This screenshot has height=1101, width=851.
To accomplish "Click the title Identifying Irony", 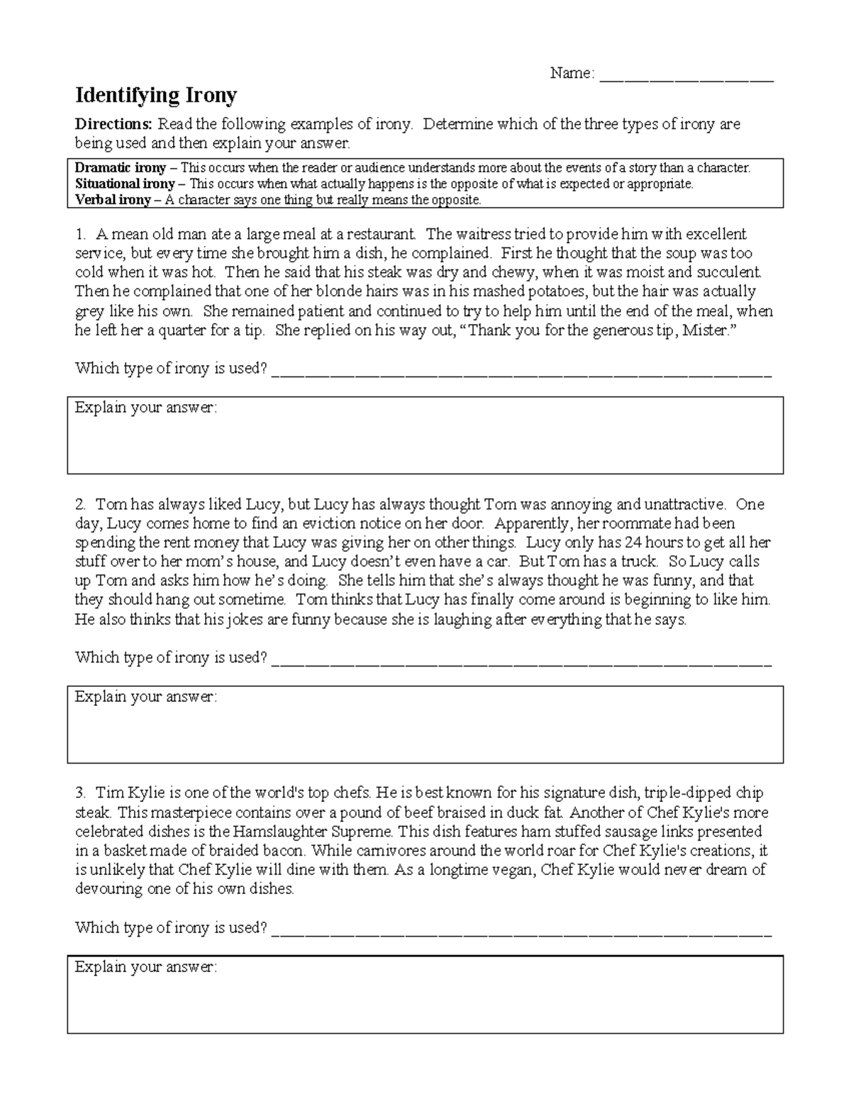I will (156, 95).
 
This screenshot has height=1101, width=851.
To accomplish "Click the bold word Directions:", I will (113, 124).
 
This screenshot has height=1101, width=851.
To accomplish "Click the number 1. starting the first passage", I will (81, 235).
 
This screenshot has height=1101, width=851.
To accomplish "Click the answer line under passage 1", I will (521, 371).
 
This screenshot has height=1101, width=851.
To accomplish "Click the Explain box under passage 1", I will (425, 440).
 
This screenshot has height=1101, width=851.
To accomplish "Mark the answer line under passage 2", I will (521, 660).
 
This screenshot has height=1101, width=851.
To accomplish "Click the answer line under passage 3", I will (521, 930).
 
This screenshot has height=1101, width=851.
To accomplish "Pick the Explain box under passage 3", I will (425, 1000).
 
